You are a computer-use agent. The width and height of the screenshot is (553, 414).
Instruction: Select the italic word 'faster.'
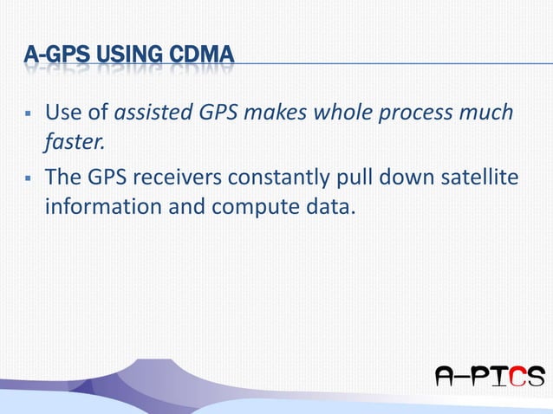coord(74,142)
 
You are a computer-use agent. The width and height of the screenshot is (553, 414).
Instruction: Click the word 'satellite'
coord(481,178)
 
